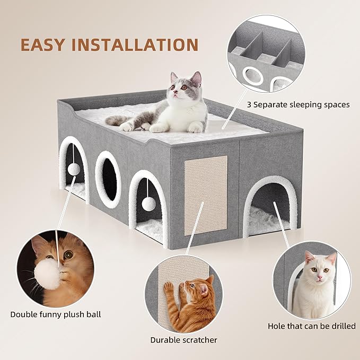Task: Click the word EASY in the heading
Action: pyautogui.click(x=41, y=45)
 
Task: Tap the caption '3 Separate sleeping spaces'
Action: pyautogui.click(x=298, y=104)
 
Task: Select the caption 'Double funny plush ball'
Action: pyautogui.click(x=55, y=314)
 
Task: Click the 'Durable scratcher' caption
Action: pyautogui.click(x=183, y=340)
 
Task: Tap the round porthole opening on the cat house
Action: pyautogui.click(x=108, y=179)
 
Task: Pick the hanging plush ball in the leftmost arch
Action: pyautogui.click(x=74, y=169)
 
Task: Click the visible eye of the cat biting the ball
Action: pyautogui.click(x=68, y=256)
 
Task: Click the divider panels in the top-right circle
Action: pyautogui.click(x=266, y=52)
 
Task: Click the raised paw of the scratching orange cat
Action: pyautogui.click(x=169, y=287)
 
